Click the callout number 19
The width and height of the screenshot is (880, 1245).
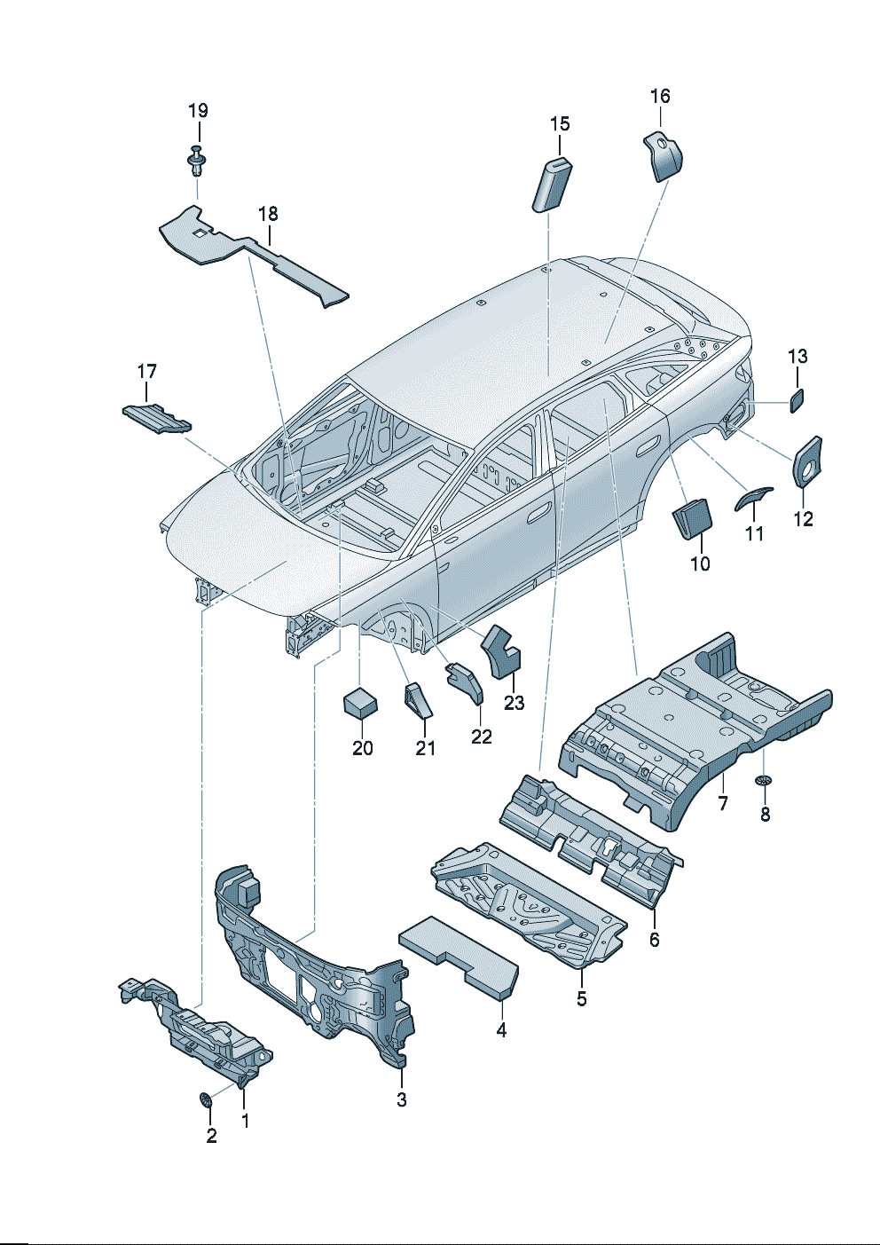[198, 111]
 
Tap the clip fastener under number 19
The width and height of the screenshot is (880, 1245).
[197, 162]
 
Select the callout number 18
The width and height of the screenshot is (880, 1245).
[268, 214]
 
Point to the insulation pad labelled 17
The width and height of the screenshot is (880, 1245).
[155, 418]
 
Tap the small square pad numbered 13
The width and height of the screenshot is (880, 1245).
[797, 400]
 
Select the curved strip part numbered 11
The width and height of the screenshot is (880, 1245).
[752, 500]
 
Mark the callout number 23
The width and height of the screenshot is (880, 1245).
[515, 703]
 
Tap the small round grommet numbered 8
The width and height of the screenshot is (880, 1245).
[764, 781]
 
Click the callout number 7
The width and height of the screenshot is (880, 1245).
[723, 803]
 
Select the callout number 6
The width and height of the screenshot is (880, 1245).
[655, 940]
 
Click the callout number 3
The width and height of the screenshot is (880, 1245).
[402, 1100]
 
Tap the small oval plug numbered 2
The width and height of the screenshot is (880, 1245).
[206, 1100]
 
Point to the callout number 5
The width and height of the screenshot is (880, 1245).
[582, 998]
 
